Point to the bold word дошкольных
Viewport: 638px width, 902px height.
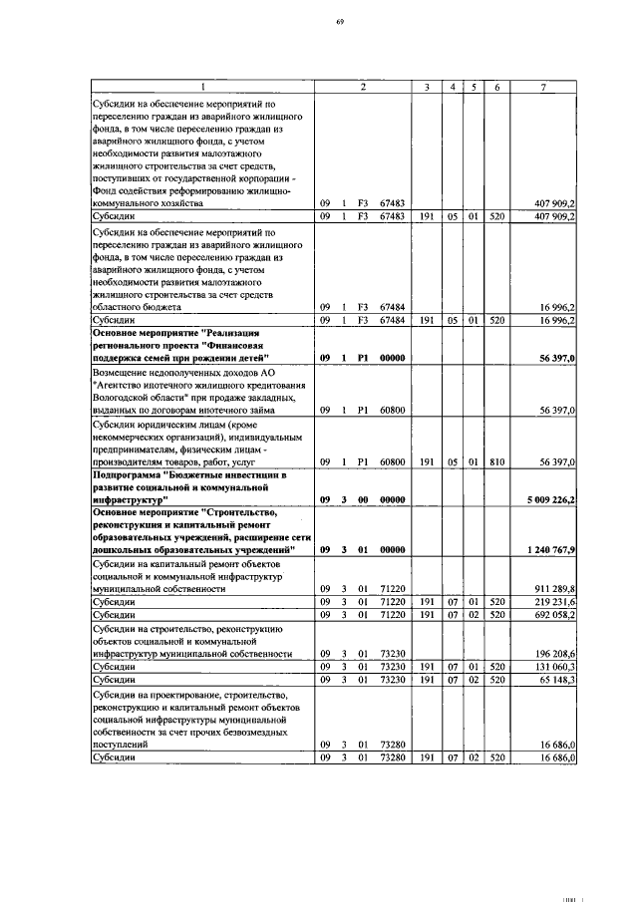point(123,549)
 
